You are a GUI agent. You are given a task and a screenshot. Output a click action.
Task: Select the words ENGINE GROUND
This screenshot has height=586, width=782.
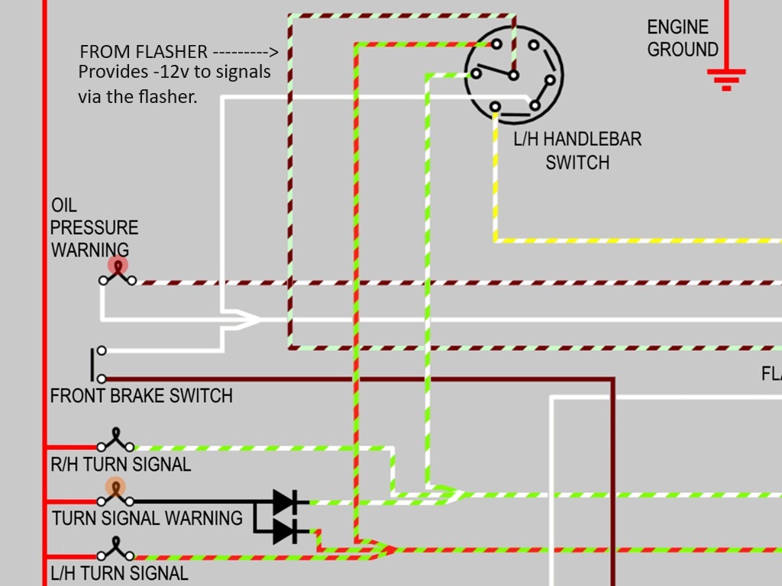683,38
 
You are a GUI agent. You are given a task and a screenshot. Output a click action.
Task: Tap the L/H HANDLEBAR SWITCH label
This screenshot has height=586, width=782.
577,150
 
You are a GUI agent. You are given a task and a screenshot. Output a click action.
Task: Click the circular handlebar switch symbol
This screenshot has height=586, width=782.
514,74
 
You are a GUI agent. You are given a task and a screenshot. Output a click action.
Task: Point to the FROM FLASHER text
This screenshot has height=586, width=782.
144,52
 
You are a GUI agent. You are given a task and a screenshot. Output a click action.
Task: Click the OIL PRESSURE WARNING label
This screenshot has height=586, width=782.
94,227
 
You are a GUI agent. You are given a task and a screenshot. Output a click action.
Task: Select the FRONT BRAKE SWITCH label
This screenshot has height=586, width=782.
141,396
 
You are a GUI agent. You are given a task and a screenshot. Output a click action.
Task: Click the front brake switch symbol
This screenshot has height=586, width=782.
99,365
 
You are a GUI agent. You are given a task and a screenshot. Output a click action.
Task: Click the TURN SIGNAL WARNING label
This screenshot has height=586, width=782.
147,518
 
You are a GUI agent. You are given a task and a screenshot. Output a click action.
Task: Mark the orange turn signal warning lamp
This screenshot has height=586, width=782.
116,488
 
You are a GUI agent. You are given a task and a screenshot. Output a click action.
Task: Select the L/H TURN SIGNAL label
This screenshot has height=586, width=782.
119,572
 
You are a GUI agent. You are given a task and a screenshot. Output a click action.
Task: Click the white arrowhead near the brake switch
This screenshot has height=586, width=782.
247,320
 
